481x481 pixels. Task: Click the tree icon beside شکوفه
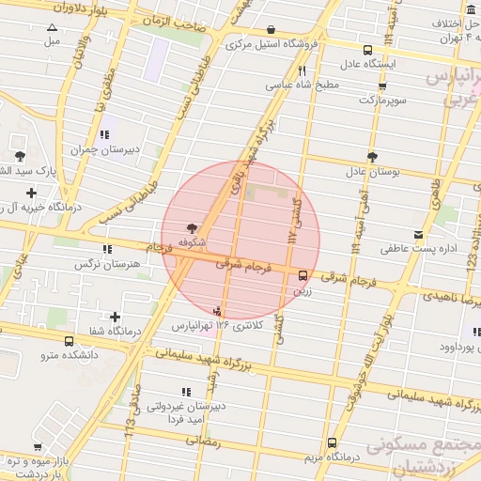193,227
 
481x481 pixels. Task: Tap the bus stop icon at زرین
303,276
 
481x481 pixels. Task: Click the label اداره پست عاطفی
417,250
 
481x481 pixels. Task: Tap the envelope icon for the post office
418,234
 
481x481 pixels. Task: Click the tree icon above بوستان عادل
373,156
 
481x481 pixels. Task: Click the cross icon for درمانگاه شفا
115,318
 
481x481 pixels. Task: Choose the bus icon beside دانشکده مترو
70,341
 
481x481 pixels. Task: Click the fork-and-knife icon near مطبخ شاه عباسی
302,70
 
